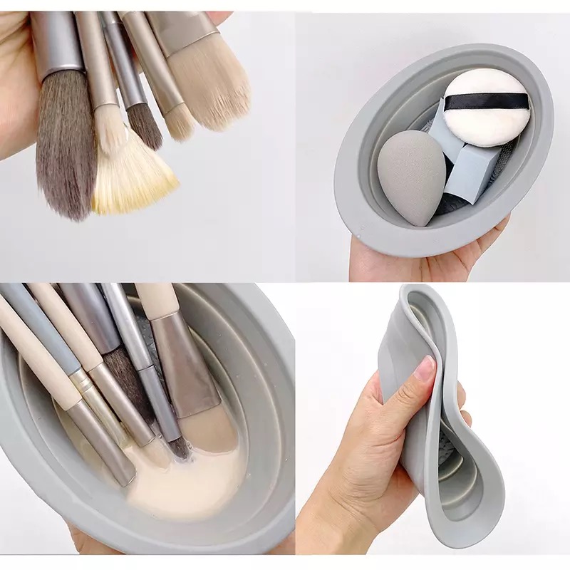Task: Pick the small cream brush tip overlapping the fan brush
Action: (x=111, y=132)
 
